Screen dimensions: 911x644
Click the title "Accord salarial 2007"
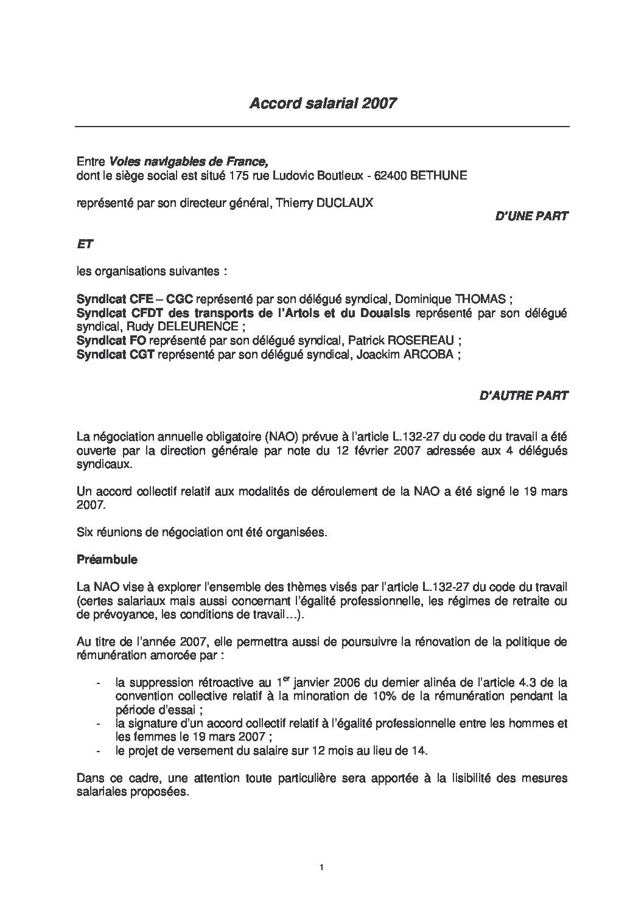pos(323,103)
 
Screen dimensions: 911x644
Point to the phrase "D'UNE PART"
pos(533,215)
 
